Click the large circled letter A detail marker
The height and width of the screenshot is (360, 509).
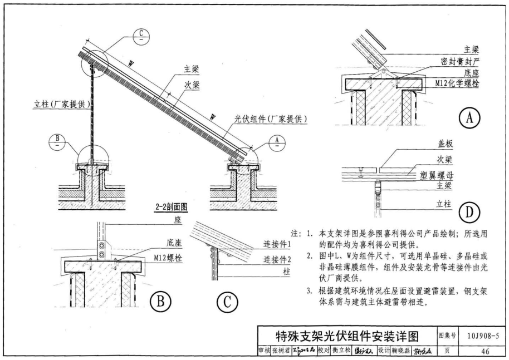(469, 119)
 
